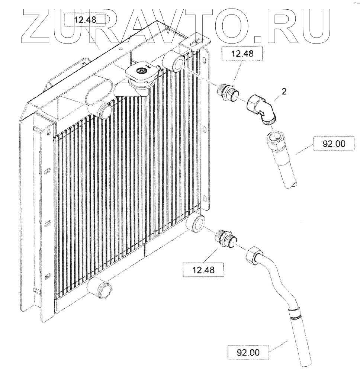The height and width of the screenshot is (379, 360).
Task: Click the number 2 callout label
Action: coord(284,92)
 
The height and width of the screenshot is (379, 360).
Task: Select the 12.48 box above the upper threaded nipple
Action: coord(242,54)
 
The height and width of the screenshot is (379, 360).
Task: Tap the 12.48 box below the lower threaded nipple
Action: coord(203,270)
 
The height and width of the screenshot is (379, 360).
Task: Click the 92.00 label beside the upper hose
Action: coord(334,144)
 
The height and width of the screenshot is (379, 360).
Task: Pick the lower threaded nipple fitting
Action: coord(225,238)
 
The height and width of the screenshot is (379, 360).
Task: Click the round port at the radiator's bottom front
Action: coord(101,289)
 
